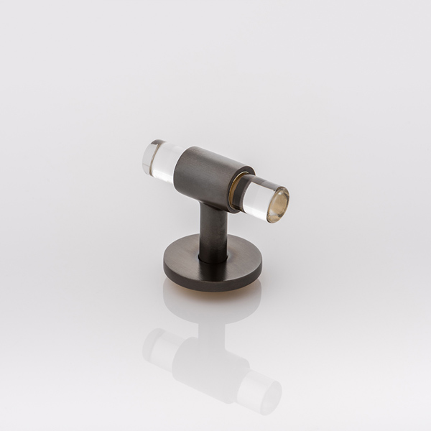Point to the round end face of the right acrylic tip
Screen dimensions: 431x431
pos(277,205)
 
